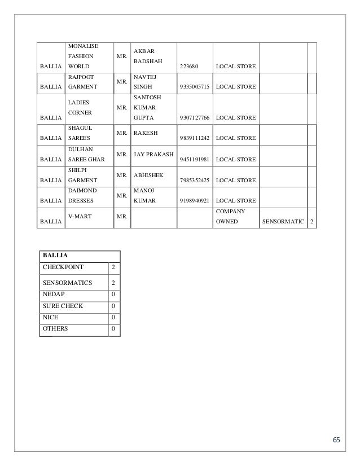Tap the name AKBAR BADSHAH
pos(146,57)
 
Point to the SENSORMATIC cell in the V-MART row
pos(282,222)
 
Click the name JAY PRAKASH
pos(153,153)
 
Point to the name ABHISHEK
pos(148,175)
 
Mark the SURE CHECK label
pos(63,306)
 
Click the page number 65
pos(336,440)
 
